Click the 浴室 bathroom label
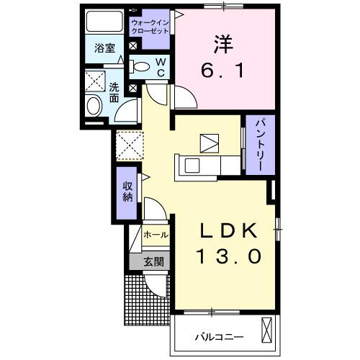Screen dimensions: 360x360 click(x=105, y=49)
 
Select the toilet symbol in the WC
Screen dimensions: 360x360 click(x=143, y=67)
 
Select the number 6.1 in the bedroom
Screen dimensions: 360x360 click(x=220, y=71)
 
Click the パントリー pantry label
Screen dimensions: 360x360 click(x=259, y=145)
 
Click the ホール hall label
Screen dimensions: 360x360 click(x=156, y=235)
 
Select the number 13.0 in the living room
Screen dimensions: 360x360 click(x=225, y=256)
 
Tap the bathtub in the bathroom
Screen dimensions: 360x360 click(x=104, y=22)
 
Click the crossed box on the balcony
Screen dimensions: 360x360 click(x=267, y=332)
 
